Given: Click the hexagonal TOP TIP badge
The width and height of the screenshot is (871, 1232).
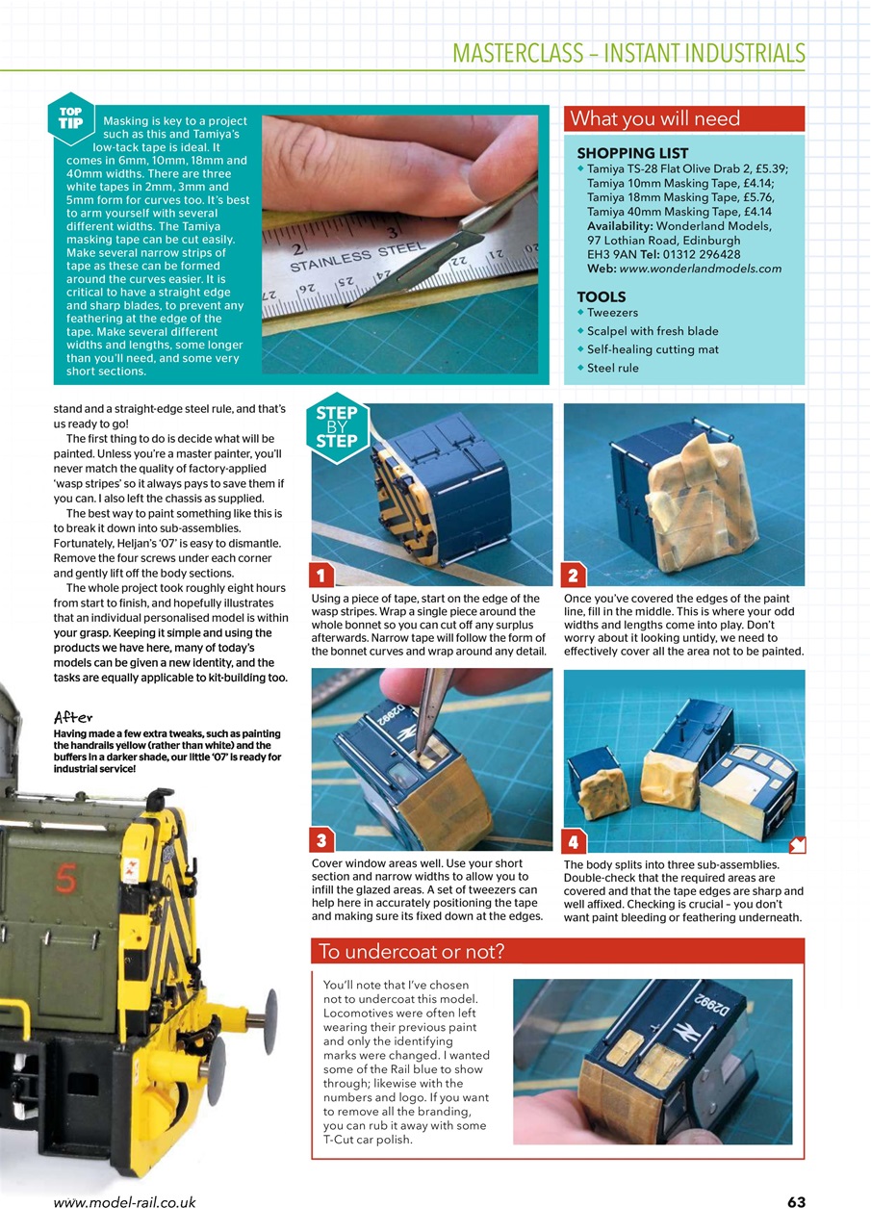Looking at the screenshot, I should [x=70, y=118].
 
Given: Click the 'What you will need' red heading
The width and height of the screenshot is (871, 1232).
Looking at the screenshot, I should [x=654, y=119].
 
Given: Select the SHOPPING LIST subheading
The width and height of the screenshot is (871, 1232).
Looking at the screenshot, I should [x=632, y=153].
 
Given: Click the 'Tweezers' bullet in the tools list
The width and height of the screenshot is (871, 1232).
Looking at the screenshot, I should [x=612, y=313].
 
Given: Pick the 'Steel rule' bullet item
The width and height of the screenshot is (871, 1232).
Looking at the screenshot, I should [x=612, y=368].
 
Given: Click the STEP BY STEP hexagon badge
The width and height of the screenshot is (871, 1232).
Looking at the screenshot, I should [x=337, y=427].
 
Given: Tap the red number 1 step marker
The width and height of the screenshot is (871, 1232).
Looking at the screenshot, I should [x=322, y=576].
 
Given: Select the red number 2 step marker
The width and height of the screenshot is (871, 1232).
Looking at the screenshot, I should [x=574, y=576].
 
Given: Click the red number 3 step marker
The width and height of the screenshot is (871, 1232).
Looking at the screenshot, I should [x=322, y=840].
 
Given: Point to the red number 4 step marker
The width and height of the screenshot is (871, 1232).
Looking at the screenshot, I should [x=574, y=842].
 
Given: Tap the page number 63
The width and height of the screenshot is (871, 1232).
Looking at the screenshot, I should [x=795, y=1202].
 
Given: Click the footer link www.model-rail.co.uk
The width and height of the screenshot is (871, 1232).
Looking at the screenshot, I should [x=124, y=1202].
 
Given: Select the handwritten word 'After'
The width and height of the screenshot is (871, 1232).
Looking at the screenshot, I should [x=73, y=717].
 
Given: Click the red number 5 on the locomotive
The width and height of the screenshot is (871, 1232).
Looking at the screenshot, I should [x=66, y=880].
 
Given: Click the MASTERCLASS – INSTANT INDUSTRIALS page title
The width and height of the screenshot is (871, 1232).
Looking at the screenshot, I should [x=628, y=52].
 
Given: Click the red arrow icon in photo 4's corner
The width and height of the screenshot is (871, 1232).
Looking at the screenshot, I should [x=796, y=845].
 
